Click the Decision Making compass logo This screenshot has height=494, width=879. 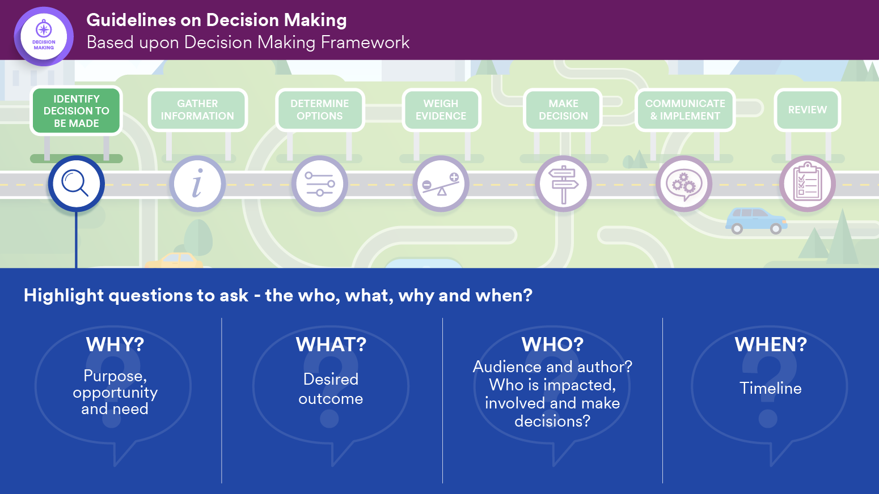click(x=44, y=36)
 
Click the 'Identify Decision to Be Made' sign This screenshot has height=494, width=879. click(x=77, y=111)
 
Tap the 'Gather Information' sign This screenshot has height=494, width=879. click(x=197, y=110)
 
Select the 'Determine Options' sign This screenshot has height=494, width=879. click(x=320, y=110)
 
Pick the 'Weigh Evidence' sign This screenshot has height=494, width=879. click(x=441, y=110)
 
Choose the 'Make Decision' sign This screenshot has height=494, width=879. click(x=563, y=110)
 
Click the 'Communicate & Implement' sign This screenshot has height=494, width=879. click(x=685, y=110)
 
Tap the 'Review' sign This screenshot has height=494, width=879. click(x=808, y=110)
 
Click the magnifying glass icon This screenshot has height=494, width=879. click(x=76, y=184)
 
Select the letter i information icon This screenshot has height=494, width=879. click(x=197, y=184)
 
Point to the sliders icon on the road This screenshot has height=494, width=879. click(x=320, y=184)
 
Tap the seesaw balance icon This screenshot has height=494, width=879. click(x=441, y=184)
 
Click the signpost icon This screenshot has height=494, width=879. click(x=563, y=184)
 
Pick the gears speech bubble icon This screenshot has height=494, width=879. click(x=684, y=184)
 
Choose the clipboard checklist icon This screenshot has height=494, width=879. click(x=807, y=184)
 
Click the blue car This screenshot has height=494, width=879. click(x=756, y=220)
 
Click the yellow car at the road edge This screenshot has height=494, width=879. click(x=174, y=261)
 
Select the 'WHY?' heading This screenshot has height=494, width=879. click(x=115, y=344)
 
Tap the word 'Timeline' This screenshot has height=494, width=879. click(x=771, y=388)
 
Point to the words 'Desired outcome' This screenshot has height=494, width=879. click(x=331, y=389)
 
